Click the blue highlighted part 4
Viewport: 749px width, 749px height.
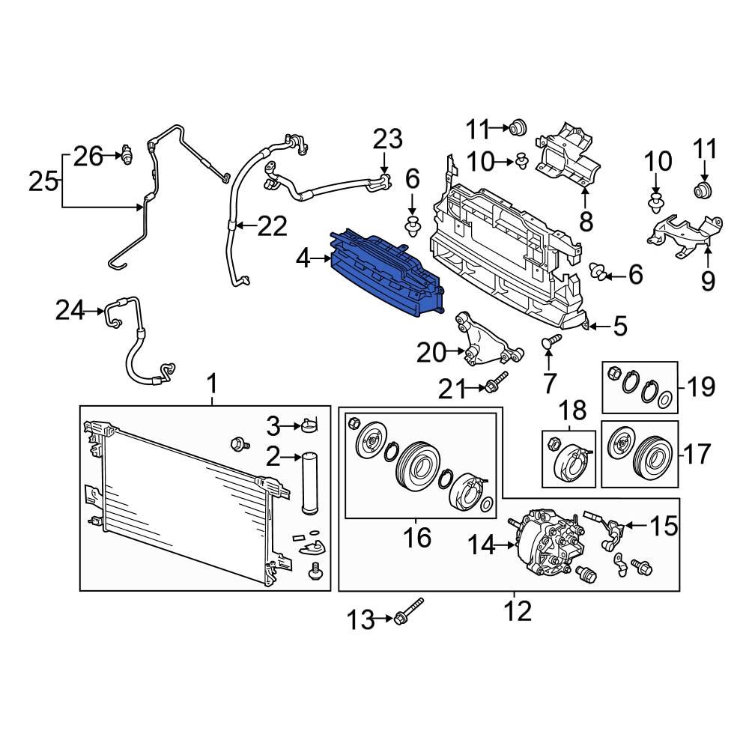tap(386, 277)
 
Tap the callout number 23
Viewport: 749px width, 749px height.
tap(388, 139)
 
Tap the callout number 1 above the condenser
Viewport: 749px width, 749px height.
tap(212, 386)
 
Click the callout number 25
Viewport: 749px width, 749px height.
tap(44, 181)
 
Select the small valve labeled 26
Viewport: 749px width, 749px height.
tap(128, 154)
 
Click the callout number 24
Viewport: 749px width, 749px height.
tap(72, 310)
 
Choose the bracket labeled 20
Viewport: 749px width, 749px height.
tap(482, 345)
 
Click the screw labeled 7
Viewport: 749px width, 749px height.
tap(551, 344)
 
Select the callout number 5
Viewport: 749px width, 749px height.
tap(619, 326)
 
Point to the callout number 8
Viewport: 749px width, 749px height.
tap(586, 221)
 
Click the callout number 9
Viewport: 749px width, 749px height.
tap(708, 281)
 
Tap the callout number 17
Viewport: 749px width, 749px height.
tap(699, 454)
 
